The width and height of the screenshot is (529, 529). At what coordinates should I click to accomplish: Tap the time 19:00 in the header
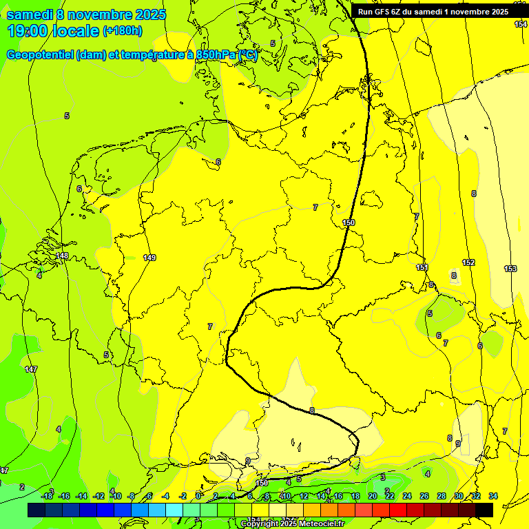point(29,31)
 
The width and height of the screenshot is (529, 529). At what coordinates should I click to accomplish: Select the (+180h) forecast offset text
point(123,31)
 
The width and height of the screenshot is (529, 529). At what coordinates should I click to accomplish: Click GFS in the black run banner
point(381,12)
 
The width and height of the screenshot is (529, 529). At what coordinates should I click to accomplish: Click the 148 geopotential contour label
point(62,256)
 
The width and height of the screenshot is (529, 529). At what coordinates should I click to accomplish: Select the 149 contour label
point(149,258)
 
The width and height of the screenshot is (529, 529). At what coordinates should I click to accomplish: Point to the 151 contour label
point(422,267)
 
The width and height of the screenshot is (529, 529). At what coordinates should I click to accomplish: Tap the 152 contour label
point(468,262)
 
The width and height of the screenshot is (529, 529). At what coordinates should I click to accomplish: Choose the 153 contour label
point(510,269)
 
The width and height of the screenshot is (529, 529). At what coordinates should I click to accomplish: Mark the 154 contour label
point(521,24)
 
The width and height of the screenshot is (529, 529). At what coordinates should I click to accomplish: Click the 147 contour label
point(31,370)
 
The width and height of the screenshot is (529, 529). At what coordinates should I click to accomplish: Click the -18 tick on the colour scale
point(48,496)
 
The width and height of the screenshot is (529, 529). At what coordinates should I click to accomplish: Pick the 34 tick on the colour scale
point(493,496)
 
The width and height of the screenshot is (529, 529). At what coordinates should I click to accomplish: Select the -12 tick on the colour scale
point(98,496)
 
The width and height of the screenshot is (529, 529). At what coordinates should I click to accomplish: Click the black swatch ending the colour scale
point(484,510)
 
